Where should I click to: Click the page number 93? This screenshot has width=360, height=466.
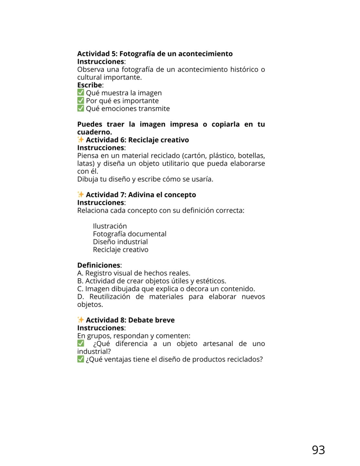click(318, 450)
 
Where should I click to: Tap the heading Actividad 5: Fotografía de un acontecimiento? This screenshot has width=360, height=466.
click(155, 54)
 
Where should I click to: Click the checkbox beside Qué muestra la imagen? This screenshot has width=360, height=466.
click(81, 93)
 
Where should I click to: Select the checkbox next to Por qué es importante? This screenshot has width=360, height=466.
click(81, 101)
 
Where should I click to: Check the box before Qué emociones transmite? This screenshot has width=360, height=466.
click(81, 108)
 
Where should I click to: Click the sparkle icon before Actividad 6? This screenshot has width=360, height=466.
click(81, 140)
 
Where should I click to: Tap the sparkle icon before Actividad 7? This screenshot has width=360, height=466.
click(81, 194)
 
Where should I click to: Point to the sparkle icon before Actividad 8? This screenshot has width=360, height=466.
click(81, 320)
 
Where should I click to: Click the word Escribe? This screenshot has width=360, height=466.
click(90, 85)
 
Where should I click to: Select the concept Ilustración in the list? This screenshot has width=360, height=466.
click(110, 226)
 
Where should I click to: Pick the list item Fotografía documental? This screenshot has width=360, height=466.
click(129, 234)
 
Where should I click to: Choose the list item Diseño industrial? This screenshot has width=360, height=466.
click(120, 242)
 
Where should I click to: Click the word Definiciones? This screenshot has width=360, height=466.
click(99, 265)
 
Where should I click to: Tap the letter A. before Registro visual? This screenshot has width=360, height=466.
click(80, 273)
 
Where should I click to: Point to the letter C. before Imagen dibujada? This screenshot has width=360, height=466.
click(80, 289)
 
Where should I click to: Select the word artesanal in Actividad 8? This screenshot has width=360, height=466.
click(218, 344)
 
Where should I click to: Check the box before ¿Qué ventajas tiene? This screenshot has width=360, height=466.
click(81, 359)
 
